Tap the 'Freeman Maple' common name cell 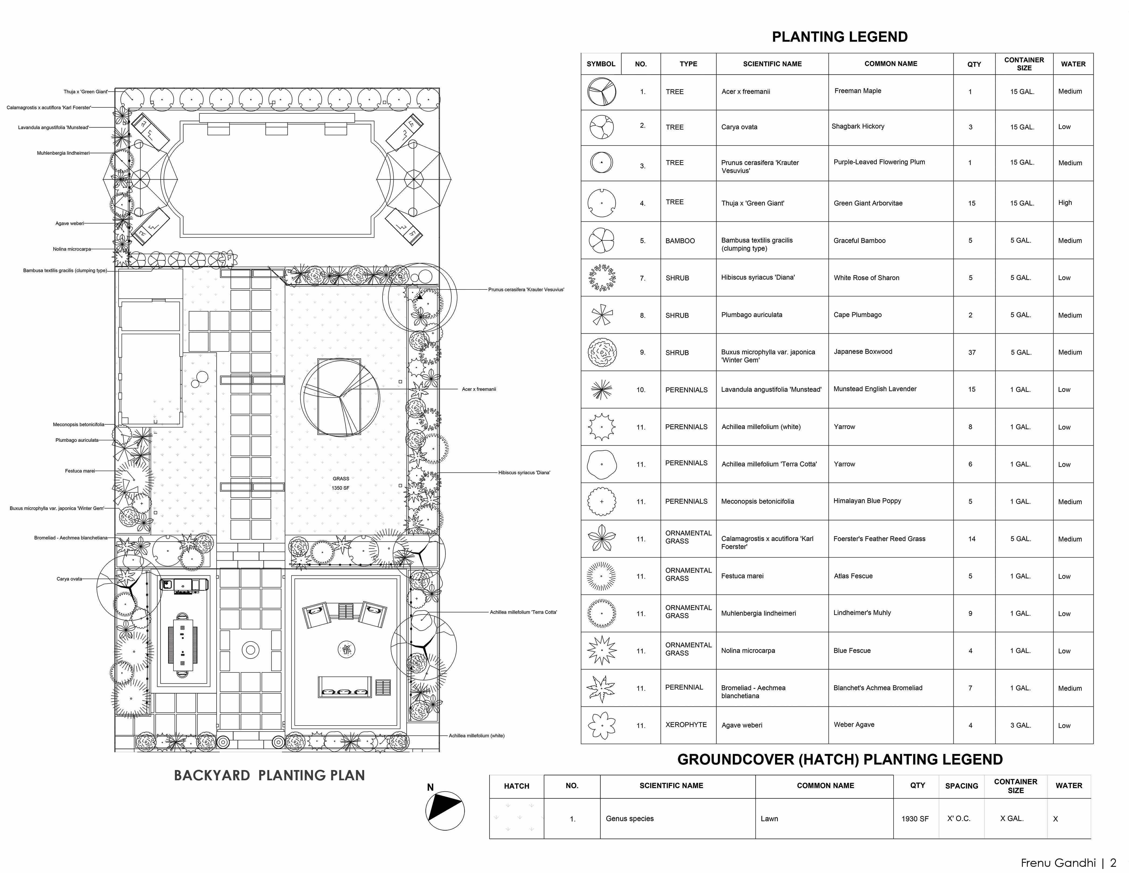coord(858,91)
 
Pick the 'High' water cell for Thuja coord(1065,203)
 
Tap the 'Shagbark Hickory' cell coord(858,126)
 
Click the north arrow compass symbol coord(444,810)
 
